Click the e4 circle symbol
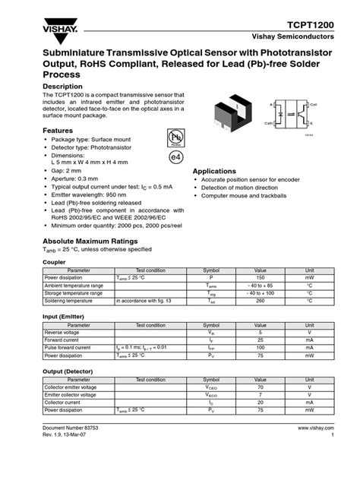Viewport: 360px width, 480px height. (x=176, y=156)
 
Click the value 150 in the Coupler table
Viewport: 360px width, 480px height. (x=260, y=278)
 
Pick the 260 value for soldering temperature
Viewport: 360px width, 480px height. (x=260, y=301)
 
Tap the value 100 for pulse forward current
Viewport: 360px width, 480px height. (x=260, y=347)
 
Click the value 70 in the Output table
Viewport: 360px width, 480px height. (x=260, y=387)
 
